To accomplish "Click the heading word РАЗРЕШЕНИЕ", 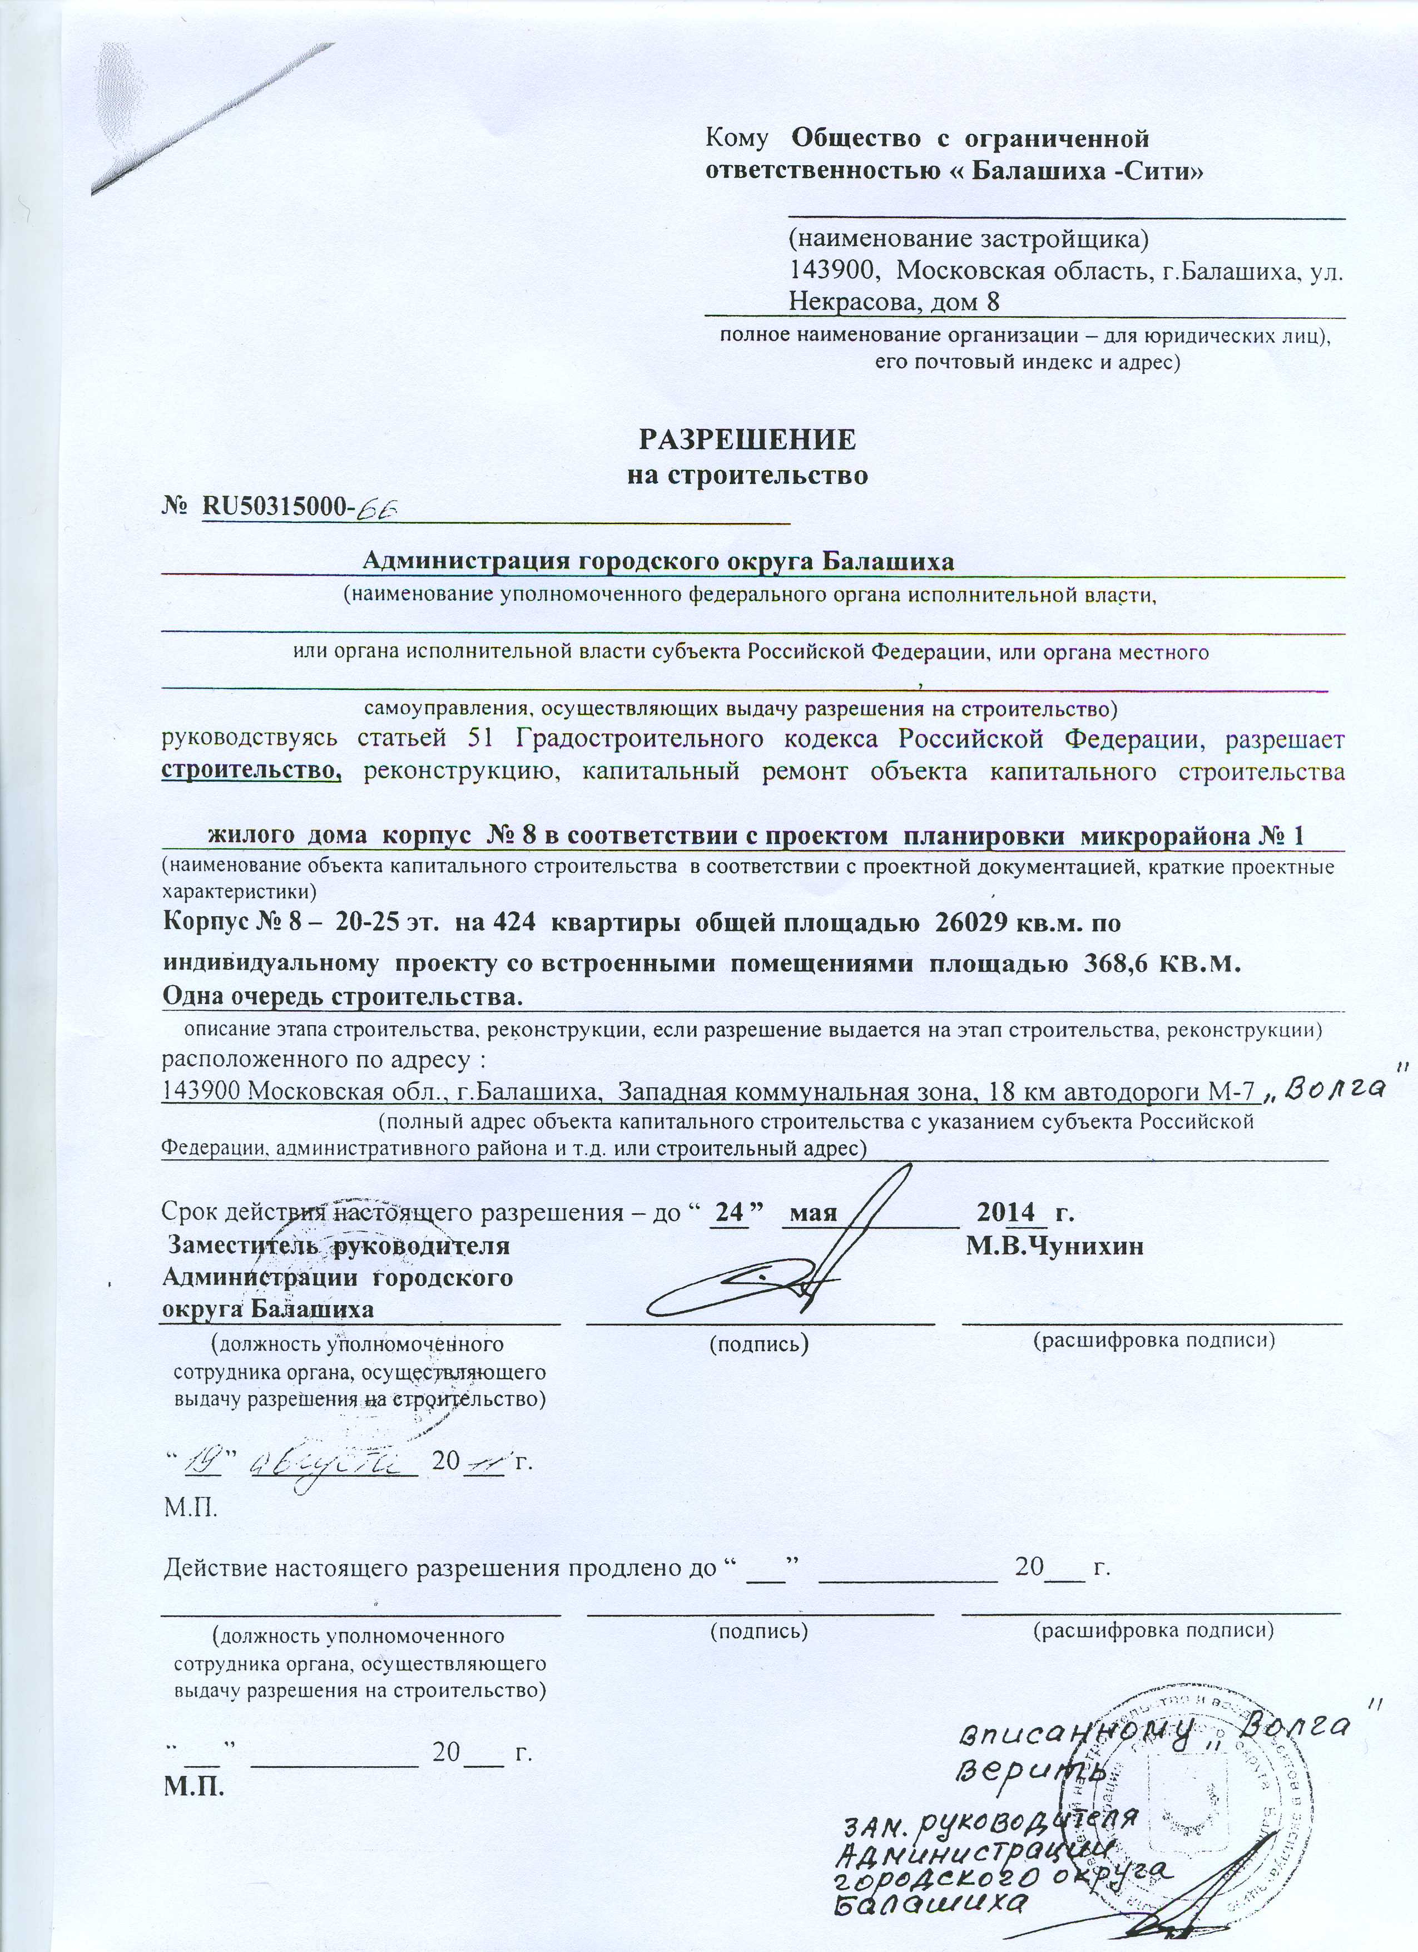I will (x=747, y=440).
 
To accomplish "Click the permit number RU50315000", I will (x=274, y=510).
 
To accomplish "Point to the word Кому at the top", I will (x=736, y=137).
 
